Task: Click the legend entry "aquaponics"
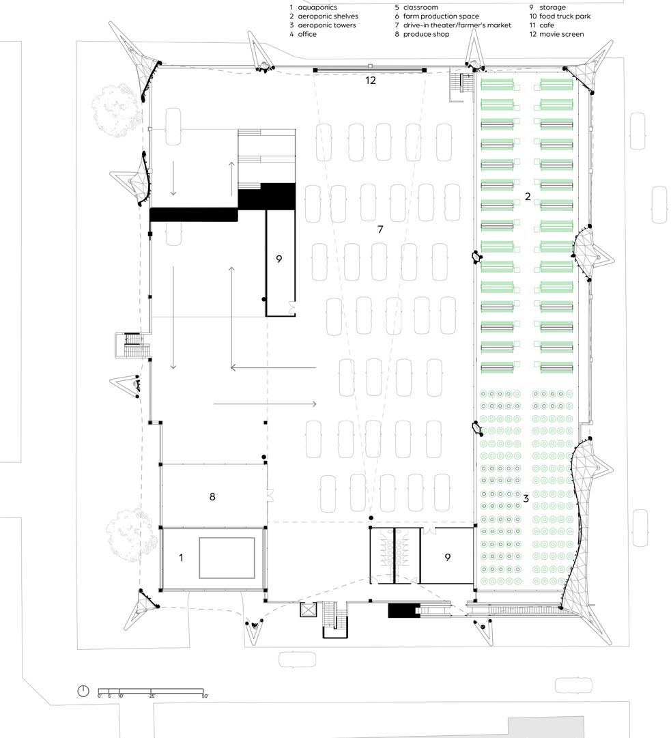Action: coord(317,8)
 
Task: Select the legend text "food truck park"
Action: coord(565,16)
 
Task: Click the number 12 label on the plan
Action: coord(370,81)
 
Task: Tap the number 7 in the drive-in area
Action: coord(380,229)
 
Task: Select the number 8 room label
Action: coord(212,497)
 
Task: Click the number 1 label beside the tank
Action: coord(181,558)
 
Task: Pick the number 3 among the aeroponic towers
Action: coord(526,498)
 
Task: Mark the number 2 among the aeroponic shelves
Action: coord(527,197)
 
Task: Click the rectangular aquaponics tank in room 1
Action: coord(227,558)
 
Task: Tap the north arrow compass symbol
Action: coord(83,690)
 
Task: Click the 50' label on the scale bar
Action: coord(204,696)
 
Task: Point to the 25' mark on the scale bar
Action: coord(152,696)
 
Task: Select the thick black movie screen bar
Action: coord(369,70)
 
